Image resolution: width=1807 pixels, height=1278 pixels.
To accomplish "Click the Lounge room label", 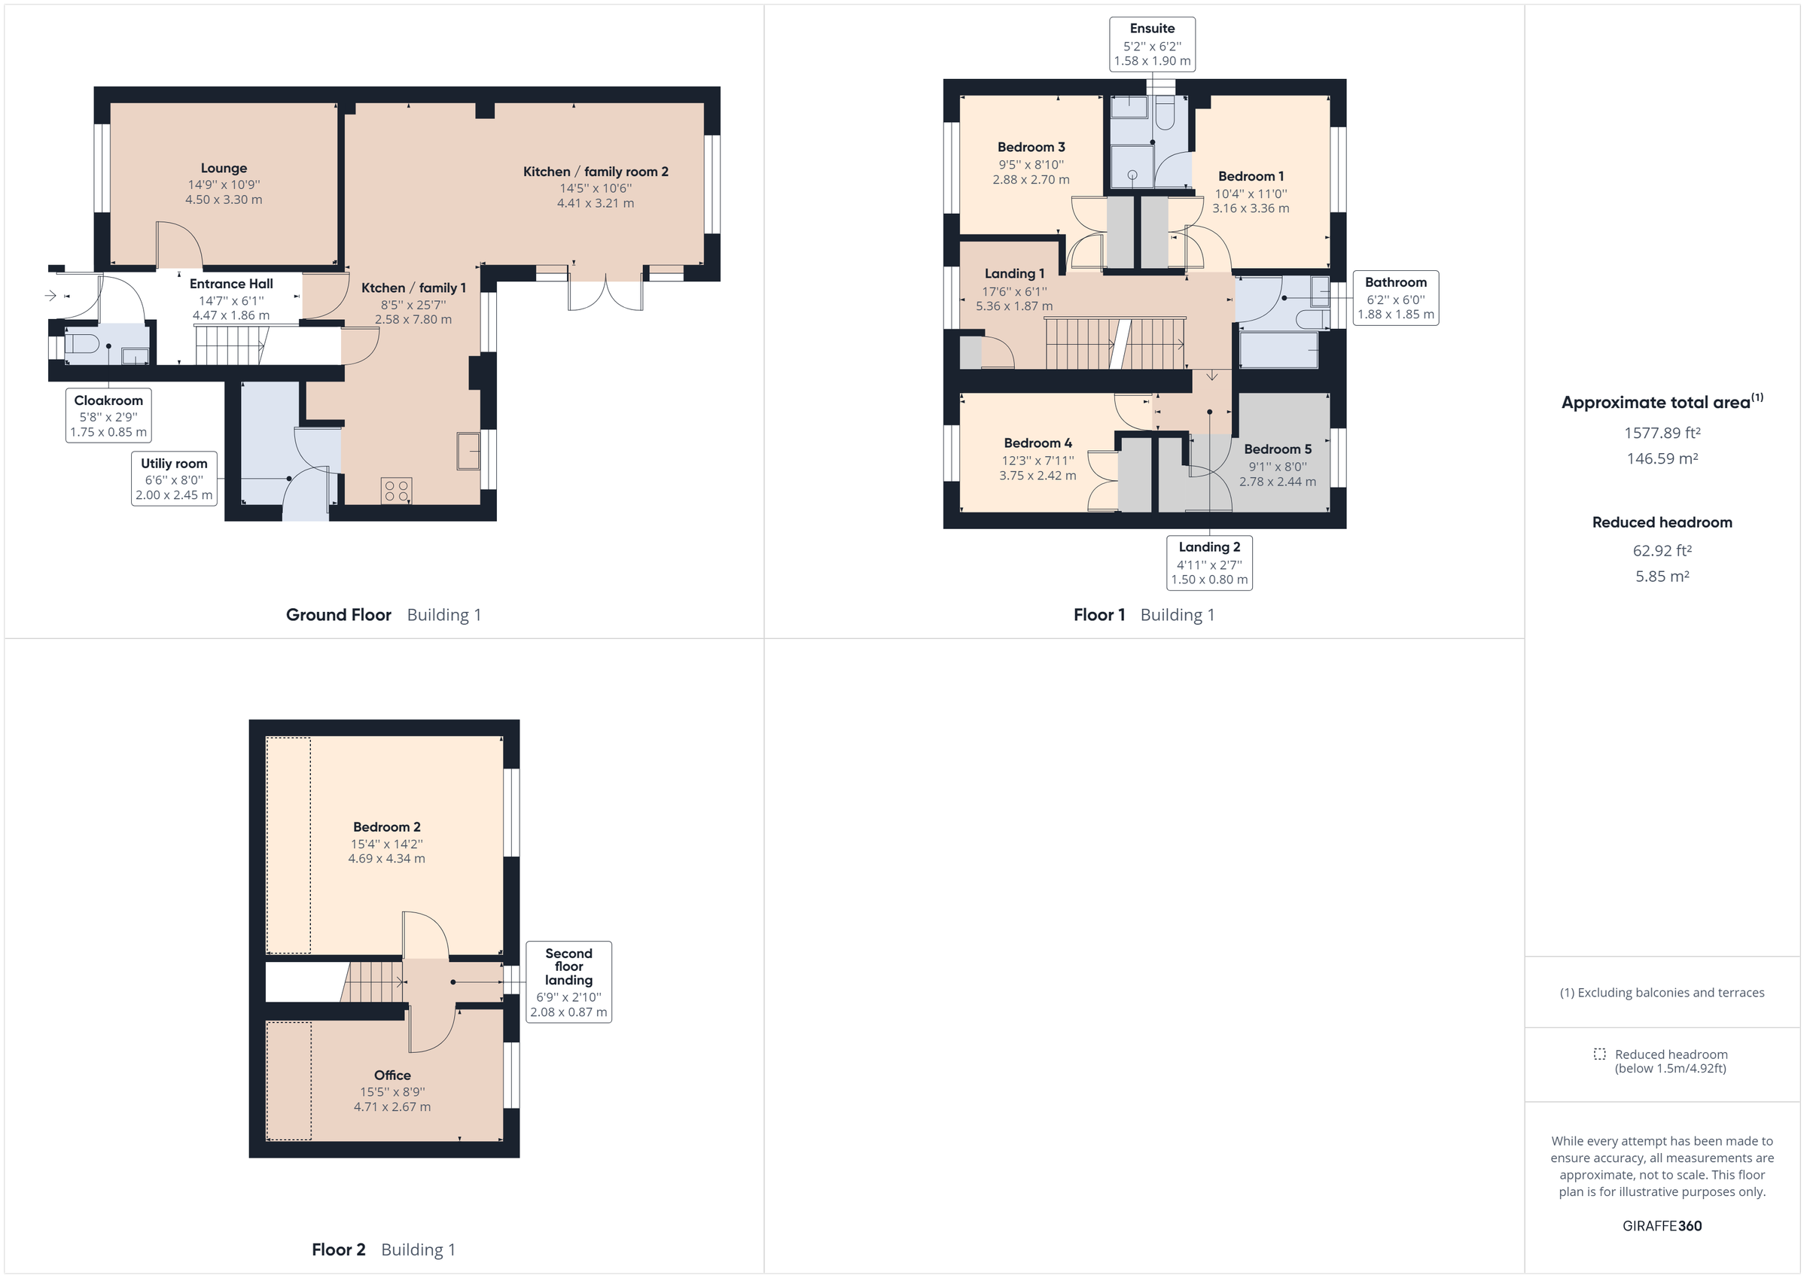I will pos(224,169).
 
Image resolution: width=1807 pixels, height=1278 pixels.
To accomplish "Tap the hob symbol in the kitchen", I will pos(397,491).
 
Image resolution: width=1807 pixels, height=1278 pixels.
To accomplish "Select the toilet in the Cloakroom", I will pos(82,344).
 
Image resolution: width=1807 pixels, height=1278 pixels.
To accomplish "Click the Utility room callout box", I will pos(174,479).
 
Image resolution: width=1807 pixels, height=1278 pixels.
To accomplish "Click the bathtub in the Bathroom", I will pos(1278,350).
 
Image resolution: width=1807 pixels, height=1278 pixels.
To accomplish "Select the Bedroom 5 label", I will pos(1278,449).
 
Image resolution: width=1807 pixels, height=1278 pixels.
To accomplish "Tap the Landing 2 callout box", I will pos(1209,563).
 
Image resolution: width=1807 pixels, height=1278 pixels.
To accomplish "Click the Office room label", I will pos(392,1075).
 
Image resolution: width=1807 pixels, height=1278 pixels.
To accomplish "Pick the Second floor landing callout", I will pos(568,981).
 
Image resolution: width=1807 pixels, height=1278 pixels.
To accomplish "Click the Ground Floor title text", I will pos(338,615).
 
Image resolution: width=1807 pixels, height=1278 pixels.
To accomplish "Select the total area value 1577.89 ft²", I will pos(1662,433).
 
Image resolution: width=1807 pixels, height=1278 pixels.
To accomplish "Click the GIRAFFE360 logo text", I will pos(1662,1225).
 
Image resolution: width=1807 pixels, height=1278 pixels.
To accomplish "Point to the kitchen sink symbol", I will pos(468,452).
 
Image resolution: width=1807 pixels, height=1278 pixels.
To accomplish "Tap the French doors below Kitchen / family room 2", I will pos(606,294).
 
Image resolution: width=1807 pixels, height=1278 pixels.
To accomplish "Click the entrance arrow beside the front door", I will pos(51,296).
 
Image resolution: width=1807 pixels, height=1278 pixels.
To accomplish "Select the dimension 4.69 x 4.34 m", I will pos(386,859).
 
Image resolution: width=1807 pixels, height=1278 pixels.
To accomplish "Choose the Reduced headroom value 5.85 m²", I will pos(1662,576).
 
